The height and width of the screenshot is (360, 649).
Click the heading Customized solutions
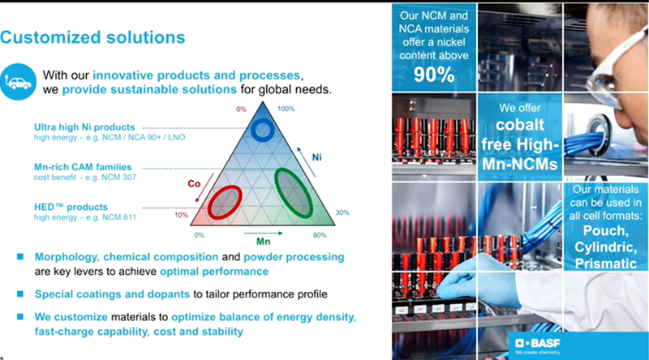click(x=92, y=37)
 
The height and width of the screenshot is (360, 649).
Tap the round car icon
click(x=18, y=82)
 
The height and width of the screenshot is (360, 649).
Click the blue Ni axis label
click(x=316, y=157)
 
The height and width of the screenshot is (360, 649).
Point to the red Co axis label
click(x=194, y=184)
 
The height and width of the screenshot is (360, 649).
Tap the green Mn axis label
click(x=263, y=242)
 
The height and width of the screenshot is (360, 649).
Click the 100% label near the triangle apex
click(x=286, y=109)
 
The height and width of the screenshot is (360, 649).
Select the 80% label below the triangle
click(x=320, y=235)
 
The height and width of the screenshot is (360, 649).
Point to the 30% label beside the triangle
click(x=342, y=212)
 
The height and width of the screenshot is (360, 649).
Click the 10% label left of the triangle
click(x=181, y=215)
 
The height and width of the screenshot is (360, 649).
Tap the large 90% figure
click(x=434, y=75)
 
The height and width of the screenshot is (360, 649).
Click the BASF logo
click(x=538, y=344)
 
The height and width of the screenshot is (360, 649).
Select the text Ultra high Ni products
click(x=84, y=127)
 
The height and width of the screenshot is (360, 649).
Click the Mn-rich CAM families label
click(x=83, y=167)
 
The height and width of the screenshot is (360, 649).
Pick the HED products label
click(x=71, y=207)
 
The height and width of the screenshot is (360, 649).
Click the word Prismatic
click(x=605, y=264)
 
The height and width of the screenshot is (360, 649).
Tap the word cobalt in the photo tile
click(x=520, y=125)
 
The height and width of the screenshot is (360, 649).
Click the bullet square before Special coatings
click(x=19, y=294)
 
